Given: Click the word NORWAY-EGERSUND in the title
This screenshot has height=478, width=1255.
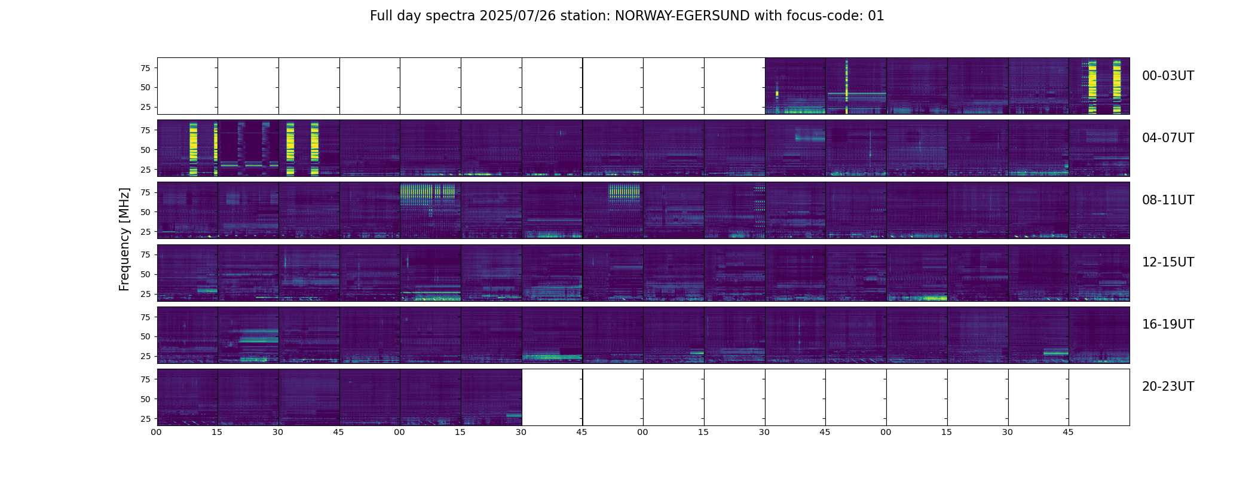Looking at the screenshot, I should click(682, 16).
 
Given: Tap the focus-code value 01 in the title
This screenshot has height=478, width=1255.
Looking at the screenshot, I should click(876, 16).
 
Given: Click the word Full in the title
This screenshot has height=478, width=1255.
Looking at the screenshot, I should click(381, 16).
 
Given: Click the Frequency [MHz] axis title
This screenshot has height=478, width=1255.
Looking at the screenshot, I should click(124, 239).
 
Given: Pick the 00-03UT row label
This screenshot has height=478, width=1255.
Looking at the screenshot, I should click(1168, 76).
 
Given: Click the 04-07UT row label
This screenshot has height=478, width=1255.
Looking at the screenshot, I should click(1168, 138).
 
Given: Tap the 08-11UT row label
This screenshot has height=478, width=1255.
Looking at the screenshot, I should click(1168, 200).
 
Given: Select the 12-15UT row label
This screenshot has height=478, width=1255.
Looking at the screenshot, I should click(1168, 262).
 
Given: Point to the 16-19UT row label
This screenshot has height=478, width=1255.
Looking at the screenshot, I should click(1168, 324).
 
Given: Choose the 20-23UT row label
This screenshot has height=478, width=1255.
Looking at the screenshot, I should click(1168, 387).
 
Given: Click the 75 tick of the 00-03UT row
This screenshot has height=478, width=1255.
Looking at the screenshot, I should click(145, 68).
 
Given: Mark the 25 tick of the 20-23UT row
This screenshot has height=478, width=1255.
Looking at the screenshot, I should click(145, 419).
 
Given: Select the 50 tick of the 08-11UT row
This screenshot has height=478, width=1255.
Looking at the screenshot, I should click(145, 212).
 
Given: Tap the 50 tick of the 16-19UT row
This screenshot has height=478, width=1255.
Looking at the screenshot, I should click(145, 336).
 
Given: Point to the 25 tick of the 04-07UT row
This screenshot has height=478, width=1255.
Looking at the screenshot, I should click(145, 170).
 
